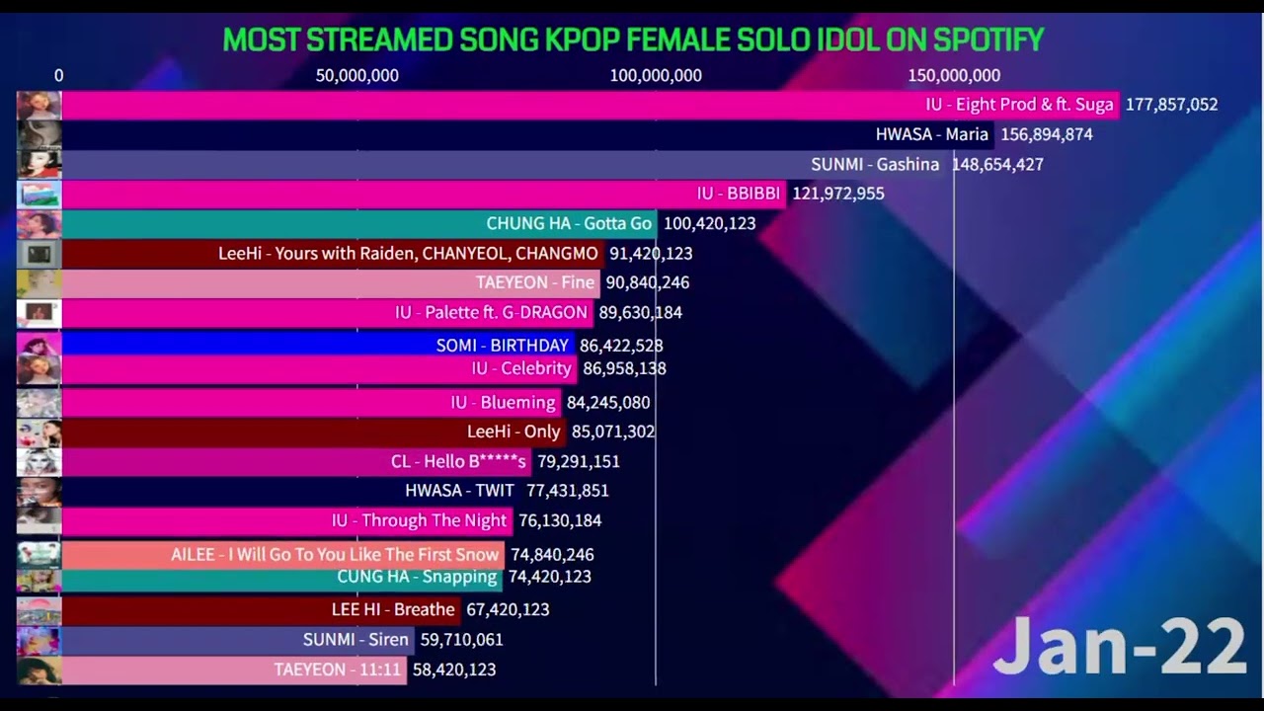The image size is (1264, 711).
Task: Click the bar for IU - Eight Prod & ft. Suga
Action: point(494,105)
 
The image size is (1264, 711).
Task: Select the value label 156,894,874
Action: point(1046,134)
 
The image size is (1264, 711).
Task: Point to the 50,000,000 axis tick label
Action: point(356,76)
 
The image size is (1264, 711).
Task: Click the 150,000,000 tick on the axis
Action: point(954,76)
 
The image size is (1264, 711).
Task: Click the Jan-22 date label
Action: point(1119,648)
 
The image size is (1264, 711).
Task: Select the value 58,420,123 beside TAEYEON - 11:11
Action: point(454,670)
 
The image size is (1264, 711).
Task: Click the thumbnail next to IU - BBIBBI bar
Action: point(39,194)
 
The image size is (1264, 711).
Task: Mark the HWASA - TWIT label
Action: point(459,491)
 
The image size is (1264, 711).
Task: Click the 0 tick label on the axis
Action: point(59,76)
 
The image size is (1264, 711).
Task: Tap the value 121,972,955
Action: point(837,194)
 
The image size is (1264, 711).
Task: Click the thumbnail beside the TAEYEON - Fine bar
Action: point(39,282)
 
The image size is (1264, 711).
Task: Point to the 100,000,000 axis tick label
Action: point(656,76)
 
